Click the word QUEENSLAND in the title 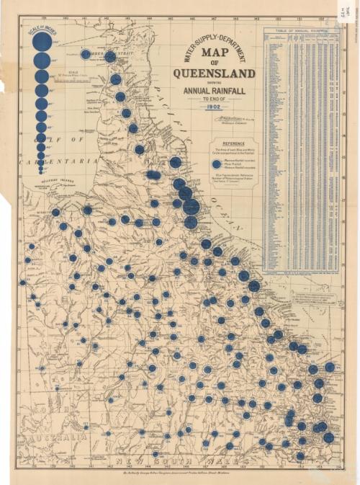click(x=213, y=74)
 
